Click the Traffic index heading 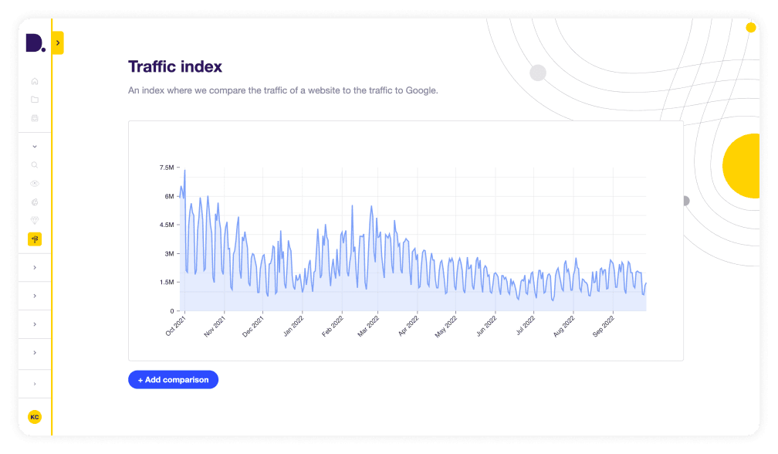point(175,67)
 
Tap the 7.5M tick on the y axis point(166,168)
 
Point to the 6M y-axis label point(169,196)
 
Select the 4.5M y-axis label point(167,225)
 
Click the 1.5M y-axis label point(167,282)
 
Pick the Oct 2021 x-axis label point(176,325)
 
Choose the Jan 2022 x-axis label point(293,325)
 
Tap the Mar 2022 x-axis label point(369,325)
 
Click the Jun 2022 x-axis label point(486,325)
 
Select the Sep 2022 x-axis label point(604,325)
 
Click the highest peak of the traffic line point(184,170)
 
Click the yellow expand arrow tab point(58,42)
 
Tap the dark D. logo point(35,43)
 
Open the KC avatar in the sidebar point(34,417)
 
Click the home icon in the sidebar point(35,81)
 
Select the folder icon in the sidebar point(35,100)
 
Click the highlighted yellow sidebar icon point(35,239)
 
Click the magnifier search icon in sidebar point(35,164)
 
